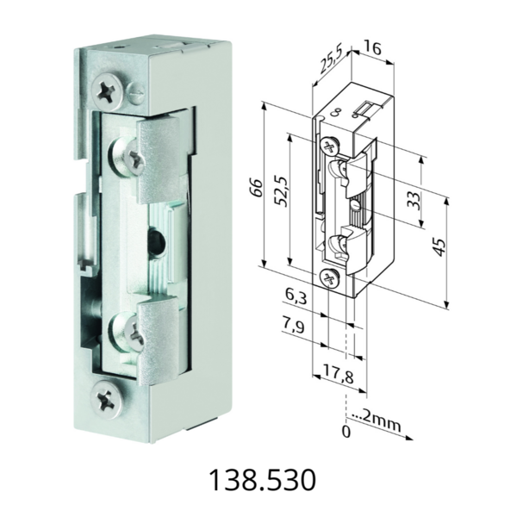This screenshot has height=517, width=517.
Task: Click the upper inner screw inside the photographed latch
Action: click(120, 157)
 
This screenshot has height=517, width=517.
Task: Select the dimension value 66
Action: click(256, 188)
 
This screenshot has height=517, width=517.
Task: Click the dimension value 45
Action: click(439, 248)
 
